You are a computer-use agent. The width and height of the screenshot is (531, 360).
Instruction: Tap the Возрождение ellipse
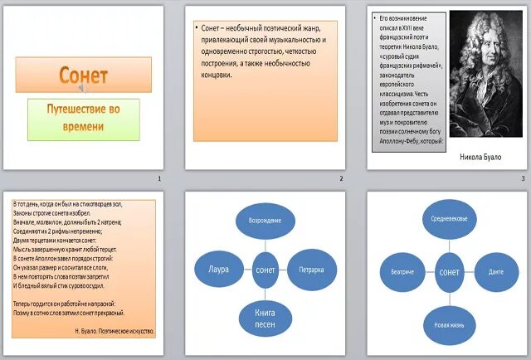[x=265, y=221]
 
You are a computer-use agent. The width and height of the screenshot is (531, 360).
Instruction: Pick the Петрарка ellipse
[x=311, y=270]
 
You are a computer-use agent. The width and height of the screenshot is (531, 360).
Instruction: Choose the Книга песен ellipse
[x=265, y=319]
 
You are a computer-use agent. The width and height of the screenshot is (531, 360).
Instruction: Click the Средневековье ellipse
[x=449, y=217]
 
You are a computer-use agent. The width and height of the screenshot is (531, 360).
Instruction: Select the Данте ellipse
[x=496, y=271]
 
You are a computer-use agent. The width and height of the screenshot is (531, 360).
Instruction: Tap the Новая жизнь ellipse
[x=449, y=324]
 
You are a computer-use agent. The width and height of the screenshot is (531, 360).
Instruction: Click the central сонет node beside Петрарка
[x=265, y=270]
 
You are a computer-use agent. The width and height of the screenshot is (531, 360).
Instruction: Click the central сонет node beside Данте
[x=449, y=271]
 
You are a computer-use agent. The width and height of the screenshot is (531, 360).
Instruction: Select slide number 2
[x=340, y=179]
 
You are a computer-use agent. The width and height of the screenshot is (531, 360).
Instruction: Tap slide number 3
[x=523, y=179]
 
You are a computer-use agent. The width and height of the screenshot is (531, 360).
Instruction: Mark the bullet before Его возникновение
[x=375, y=17]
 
